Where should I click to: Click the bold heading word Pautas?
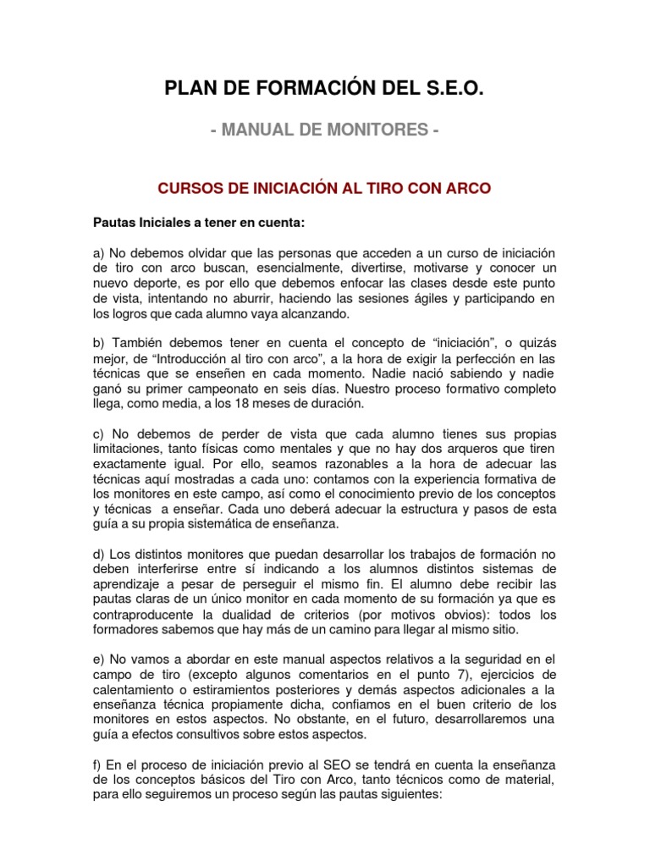(x=113, y=223)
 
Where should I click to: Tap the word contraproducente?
(x=148, y=615)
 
